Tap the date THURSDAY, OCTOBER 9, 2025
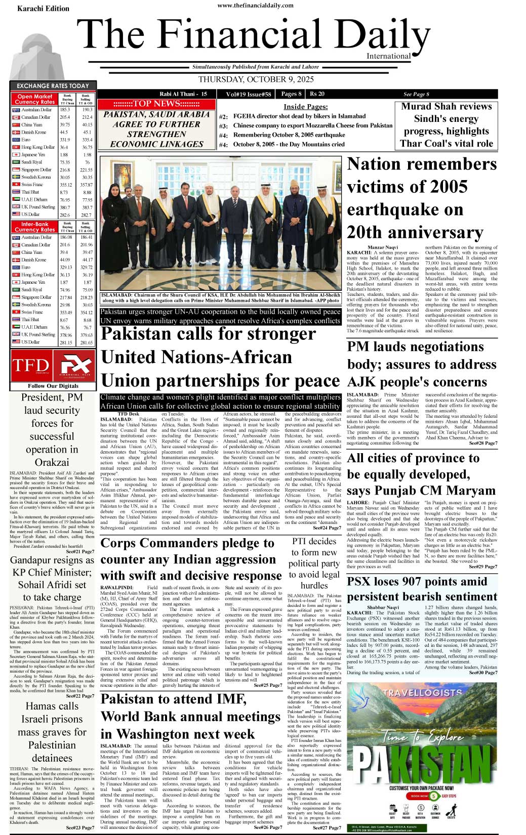[x=256, y=79]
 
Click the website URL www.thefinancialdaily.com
[x=255, y=6]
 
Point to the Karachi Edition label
[x=43, y=9]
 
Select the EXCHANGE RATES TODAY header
[x=53, y=86]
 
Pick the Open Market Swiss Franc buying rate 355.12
[x=65, y=185]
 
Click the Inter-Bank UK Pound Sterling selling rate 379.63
[x=87, y=335]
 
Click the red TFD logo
[x=30, y=366]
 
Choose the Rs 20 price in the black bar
[x=317, y=94]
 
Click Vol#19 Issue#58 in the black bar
[x=249, y=94]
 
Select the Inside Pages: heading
[x=305, y=107]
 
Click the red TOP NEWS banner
[x=156, y=104]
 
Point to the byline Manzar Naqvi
[x=382, y=247]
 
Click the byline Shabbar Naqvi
[x=383, y=607]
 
